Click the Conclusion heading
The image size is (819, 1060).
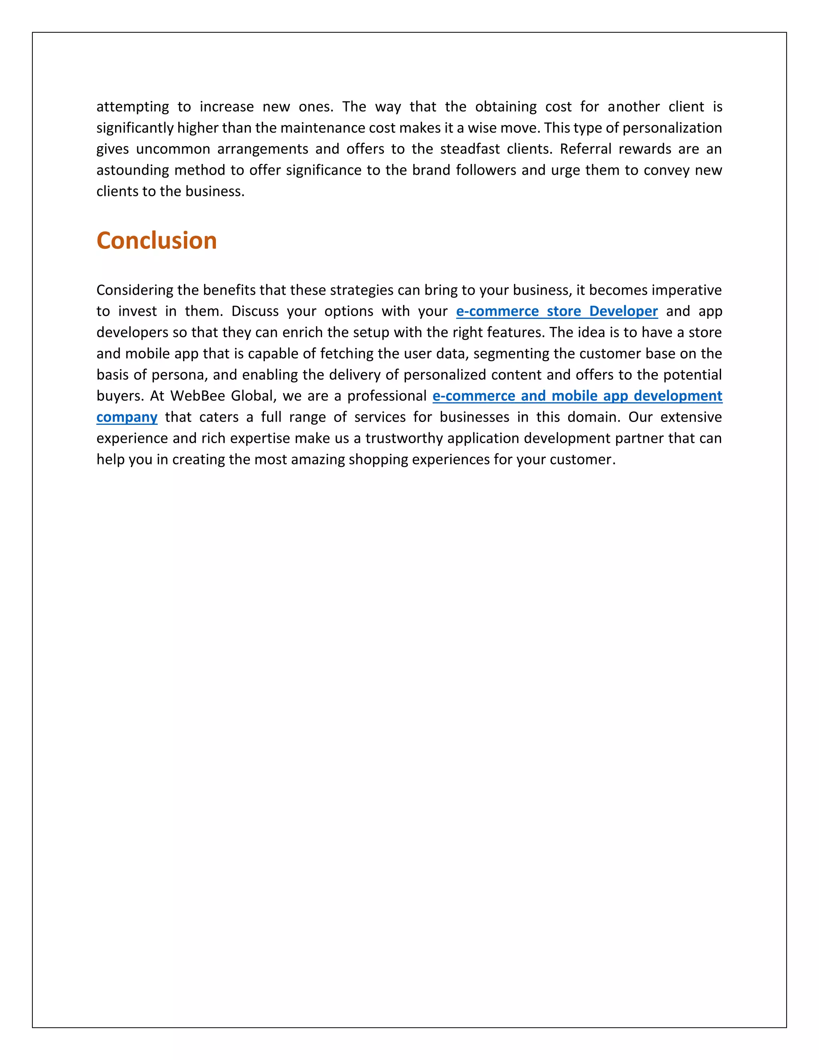click(x=156, y=241)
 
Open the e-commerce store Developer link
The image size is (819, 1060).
click(x=557, y=311)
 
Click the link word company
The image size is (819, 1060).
click(x=127, y=417)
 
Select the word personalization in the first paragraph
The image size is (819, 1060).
click(x=672, y=128)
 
